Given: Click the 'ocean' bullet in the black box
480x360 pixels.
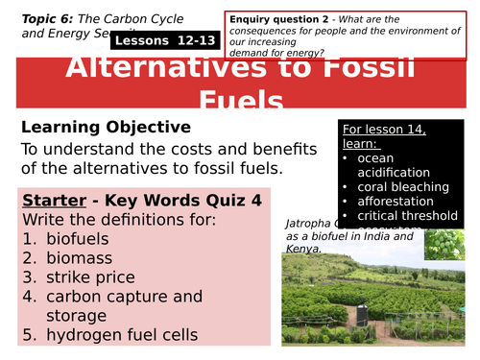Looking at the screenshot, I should tap(375, 157).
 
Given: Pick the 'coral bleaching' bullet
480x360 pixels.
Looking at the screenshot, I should tap(403, 185).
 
